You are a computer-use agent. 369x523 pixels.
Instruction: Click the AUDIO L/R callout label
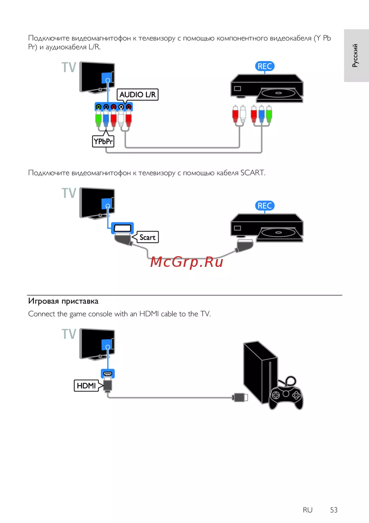point(138,95)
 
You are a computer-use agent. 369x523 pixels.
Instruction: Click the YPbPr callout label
point(103,142)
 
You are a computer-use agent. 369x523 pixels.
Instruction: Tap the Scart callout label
point(147,237)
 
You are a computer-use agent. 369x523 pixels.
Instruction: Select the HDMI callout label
point(86,386)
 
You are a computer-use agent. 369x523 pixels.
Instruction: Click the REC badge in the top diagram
point(265,66)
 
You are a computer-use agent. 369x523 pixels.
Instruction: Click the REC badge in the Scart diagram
point(265,206)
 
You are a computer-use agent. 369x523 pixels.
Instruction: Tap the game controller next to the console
point(286,395)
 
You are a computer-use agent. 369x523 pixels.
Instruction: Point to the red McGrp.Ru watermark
point(187,262)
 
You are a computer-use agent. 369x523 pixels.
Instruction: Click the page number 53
point(334,510)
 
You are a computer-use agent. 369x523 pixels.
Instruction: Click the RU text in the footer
point(307,510)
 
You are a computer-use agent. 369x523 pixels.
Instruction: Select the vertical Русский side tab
point(356,55)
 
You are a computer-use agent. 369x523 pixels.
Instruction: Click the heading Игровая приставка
point(63,301)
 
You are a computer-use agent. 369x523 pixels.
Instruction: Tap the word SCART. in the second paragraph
point(253,172)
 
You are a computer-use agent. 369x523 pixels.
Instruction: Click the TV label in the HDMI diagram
point(69,334)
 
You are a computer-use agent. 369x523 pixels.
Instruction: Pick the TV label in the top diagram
point(69,67)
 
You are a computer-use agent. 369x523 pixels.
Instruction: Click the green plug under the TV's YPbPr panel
point(99,118)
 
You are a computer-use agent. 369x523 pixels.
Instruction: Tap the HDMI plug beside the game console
point(240,397)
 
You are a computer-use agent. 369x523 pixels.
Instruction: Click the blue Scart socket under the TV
point(122,228)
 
